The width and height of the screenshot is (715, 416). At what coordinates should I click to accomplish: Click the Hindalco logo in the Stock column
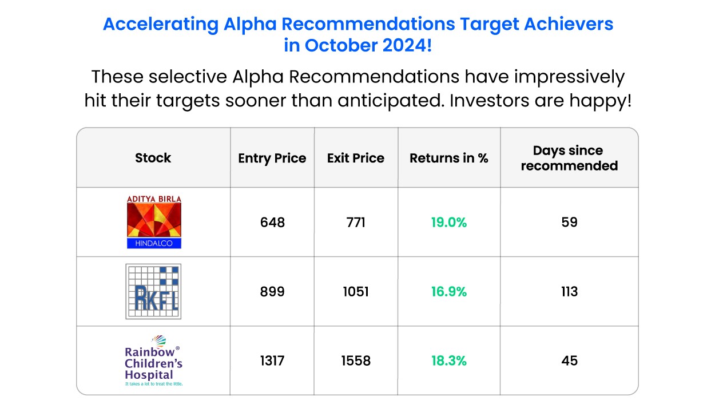tap(154, 222)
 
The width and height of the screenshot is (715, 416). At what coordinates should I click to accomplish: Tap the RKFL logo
tap(153, 291)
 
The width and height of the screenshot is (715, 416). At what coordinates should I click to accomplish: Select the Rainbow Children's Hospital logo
tap(153, 360)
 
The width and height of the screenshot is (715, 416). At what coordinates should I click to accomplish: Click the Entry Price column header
tap(272, 159)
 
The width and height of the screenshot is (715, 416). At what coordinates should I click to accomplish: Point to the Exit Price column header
tap(356, 158)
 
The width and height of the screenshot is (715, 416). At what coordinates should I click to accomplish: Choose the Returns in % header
tap(449, 158)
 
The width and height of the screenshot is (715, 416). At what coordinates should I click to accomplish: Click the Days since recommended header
tap(569, 158)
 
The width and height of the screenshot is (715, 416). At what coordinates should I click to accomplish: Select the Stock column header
tap(153, 158)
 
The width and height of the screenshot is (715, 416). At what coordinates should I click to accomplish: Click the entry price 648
tap(272, 222)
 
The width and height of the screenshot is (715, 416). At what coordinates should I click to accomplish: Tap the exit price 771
tap(356, 222)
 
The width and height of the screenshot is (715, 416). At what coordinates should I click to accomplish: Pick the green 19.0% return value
tap(449, 222)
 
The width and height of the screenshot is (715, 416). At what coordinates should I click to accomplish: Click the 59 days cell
tap(570, 222)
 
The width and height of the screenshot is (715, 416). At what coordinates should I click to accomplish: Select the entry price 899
tap(272, 291)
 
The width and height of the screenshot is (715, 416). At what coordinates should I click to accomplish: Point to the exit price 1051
tap(356, 291)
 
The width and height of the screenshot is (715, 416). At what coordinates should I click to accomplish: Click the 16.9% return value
tap(449, 291)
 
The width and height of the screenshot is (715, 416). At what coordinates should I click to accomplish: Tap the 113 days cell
tap(570, 291)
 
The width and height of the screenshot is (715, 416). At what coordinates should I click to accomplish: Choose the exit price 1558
tap(356, 360)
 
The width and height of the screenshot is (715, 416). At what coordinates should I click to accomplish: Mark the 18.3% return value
tap(449, 360)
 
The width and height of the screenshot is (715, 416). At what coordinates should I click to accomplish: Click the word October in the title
tap(340, 45)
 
